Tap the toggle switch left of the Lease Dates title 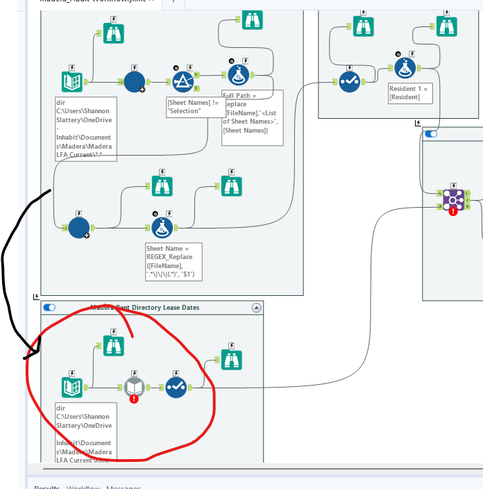tap(49, 307)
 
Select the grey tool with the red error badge tap(133, 388)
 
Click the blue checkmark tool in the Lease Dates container tap(176, 387)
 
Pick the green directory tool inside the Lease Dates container tap(72, 387)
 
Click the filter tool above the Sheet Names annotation tap(183, 81)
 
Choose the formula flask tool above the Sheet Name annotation tap(162, 207)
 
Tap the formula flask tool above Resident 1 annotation tap(405, 68)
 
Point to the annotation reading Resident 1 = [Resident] tap(410, 93)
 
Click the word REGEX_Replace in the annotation tap(168, 257)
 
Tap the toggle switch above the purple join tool tap(431, 134)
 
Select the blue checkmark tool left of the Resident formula tap(349, 82)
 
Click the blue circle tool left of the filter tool tap(135, 81)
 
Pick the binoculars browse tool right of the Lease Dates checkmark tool tap(232, 359)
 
